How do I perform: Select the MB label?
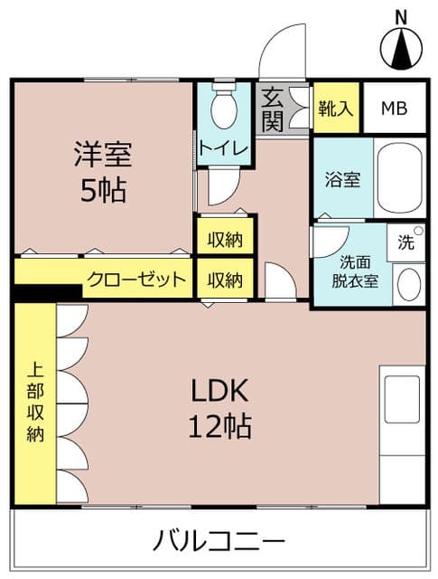393,109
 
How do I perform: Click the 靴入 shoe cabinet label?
336,109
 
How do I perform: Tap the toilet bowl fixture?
223,109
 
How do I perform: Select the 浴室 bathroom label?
343,178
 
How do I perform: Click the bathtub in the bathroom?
398,178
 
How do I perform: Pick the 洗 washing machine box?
405,242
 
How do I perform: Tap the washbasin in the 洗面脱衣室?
408,285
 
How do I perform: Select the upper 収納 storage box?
225,239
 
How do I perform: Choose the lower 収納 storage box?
225,280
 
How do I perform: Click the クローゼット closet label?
138,279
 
